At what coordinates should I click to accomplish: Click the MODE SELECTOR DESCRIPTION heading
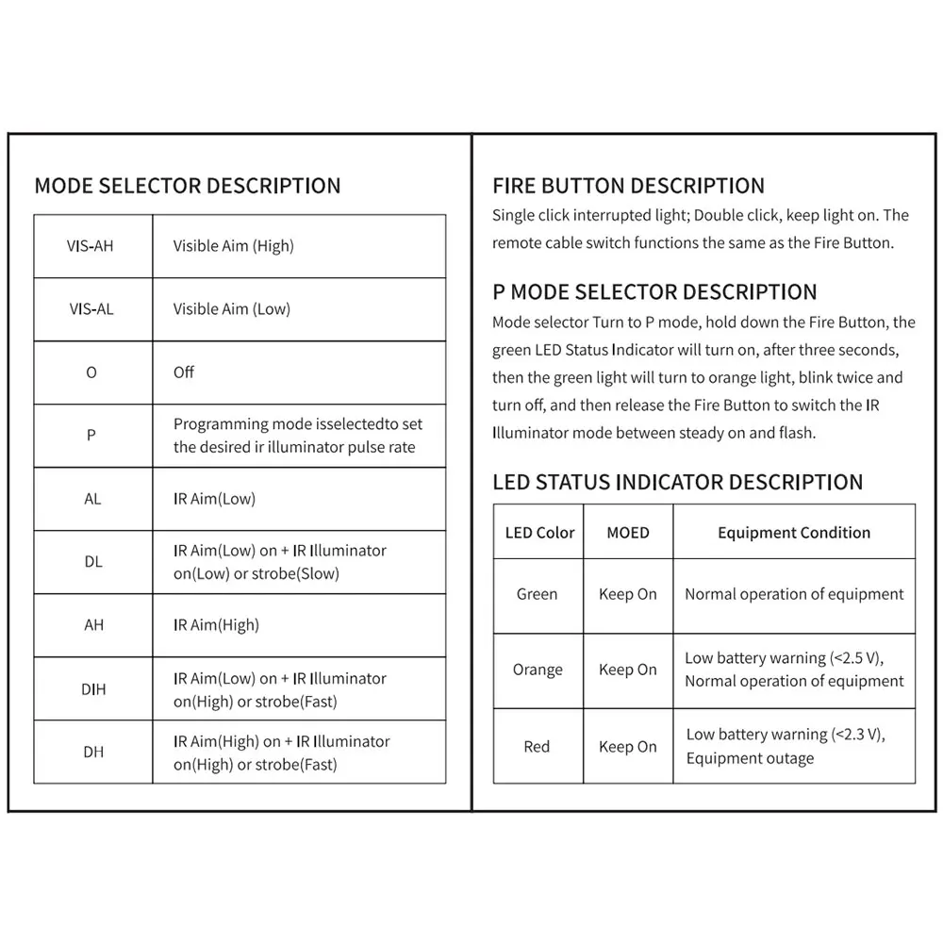[188, 186]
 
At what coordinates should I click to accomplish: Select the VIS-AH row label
[91, 246]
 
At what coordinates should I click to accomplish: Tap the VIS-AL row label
[91, 309]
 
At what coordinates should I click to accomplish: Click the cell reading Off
[184, 372]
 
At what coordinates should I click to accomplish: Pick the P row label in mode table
[91, 436]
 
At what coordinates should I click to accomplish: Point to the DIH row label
[93, 689]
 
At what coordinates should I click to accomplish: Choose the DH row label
[93, 753]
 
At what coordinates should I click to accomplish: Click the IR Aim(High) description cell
[216, 625]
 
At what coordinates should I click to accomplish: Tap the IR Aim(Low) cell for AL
[214, 499]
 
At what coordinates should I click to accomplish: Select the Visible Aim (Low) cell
[232, 309]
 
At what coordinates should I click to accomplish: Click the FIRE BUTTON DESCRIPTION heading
[628, 186]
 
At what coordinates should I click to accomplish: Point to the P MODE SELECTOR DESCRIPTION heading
[654, 292]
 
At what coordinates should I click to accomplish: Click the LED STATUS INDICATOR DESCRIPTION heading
[677, 483]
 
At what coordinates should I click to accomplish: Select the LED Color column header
[539, 533]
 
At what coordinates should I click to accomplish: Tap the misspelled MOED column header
[628, 533]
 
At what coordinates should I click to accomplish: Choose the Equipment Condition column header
[794, 533]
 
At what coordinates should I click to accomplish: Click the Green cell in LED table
[537, 595]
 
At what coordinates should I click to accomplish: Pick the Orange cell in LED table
[538, 670]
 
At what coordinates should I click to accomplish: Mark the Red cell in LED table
[537, 747]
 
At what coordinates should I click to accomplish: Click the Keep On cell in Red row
[628, 747]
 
